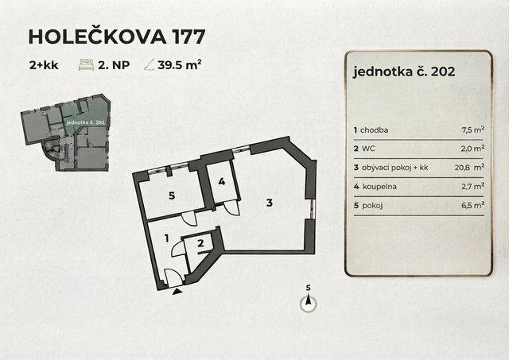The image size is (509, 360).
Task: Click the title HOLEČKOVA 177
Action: pos(117,37)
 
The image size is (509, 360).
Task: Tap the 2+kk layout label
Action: pos(44,65)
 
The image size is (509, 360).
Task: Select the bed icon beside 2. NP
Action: pos(87,65)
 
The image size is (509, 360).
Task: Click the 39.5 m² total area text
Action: pos(180,65)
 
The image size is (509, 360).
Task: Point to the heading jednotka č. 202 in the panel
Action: pos(404,72)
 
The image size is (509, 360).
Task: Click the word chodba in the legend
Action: pos(374,130)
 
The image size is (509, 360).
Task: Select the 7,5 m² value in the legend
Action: pos(473,130)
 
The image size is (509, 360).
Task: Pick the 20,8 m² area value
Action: pos(469,168)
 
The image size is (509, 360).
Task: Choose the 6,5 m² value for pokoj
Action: pos(473,205)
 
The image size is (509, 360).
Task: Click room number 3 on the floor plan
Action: pos(270,203)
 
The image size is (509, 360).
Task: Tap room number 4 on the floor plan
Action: pos(222,181)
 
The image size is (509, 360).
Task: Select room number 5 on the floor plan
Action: pos(172,195)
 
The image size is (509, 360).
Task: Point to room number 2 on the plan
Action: pos(200,243)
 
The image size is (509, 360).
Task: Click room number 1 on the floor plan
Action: pos(167,238)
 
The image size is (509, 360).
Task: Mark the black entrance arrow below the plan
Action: pos(177,292)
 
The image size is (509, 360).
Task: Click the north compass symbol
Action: pos(308,304)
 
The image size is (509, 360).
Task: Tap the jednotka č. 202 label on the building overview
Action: pos(85,122)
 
